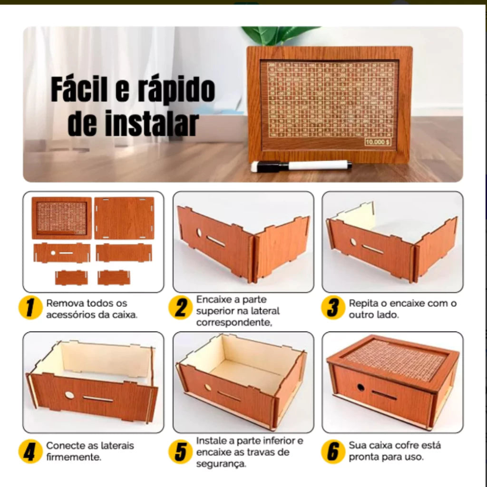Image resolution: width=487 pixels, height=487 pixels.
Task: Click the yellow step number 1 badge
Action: [x=30, y=308]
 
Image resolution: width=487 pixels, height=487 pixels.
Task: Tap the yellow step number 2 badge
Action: [x=181, y=308]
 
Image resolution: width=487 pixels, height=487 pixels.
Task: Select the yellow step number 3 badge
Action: [x=332, y=308]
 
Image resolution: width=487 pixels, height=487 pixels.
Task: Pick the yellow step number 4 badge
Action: [x=30, y=451]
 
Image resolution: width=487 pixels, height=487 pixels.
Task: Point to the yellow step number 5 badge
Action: [x=181, y=451]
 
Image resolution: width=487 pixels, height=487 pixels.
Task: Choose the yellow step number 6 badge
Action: [x=332, y=451]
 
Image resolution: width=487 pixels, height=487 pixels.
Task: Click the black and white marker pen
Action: [x=302, y=166]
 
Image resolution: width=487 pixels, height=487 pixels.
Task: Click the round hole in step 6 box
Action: [x=360, y=387]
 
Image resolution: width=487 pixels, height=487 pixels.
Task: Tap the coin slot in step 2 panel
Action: [x=216, y=242]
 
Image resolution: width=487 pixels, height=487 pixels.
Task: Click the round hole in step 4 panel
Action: [x=69, y=395]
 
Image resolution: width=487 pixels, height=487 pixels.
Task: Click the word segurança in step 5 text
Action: [x=221, y=464]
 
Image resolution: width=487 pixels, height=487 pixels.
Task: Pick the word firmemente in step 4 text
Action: [x=73, y=458]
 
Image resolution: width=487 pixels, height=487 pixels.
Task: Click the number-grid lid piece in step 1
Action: [x=62, y=217]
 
